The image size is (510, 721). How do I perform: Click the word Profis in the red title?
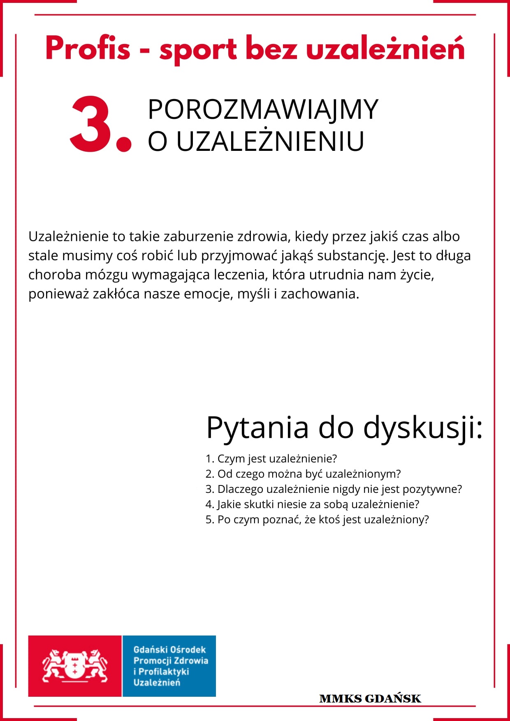click(x=88, y=49)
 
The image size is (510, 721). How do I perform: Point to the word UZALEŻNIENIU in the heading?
click(x=270, y=141)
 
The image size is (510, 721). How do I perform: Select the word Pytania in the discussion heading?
click(x=257, y=428)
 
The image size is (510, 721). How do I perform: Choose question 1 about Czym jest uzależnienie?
click(x=271, y=459)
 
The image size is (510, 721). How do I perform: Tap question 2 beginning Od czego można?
click(x=303, y=474)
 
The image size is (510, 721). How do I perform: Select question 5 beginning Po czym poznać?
click(x=317, y=520)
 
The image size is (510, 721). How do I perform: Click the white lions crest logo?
click(x=75, y=666)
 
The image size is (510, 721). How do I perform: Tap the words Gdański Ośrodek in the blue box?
click(x=169, y=650)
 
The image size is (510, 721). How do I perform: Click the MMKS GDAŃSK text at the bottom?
click(x=370, y=699)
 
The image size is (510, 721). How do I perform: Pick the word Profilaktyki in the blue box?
click(x=164, y=672)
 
